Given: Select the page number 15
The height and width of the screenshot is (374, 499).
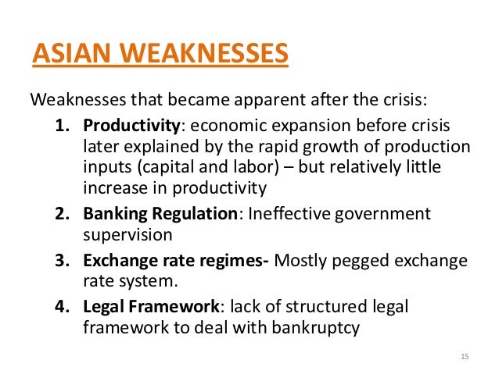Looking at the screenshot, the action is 465,356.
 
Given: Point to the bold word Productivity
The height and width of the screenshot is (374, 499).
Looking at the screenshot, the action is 131,126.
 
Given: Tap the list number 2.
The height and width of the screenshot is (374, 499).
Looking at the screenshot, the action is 63,213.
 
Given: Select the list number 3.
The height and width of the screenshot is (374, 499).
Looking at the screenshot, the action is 63,260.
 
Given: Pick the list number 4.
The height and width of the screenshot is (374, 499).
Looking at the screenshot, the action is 63,307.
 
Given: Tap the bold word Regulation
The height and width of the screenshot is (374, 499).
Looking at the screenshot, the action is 195,214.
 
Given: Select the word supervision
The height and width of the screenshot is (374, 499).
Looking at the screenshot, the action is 127,236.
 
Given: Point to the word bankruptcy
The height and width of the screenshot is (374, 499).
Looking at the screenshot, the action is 315,328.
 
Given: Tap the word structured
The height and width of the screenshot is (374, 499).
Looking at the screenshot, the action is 326,307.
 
